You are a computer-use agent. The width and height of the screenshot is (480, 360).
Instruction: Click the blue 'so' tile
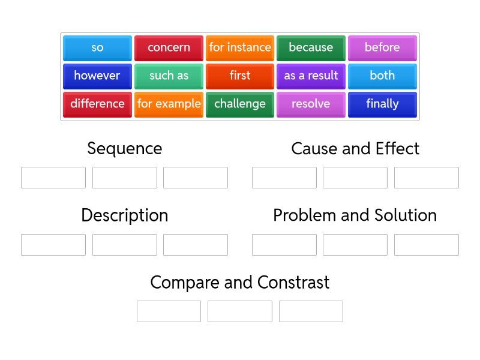click(97, 47)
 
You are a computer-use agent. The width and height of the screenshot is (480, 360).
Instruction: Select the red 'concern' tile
click(169, 47)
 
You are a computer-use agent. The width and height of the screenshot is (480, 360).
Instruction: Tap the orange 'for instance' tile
click(240, 47)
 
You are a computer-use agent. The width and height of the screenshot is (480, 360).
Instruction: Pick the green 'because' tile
click(311, 47)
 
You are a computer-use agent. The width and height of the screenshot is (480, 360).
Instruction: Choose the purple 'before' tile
click(382, 47)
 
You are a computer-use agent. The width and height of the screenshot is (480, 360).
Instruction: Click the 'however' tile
click(97, 76)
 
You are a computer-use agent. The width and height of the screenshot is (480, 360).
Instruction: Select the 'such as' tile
click(169, 76)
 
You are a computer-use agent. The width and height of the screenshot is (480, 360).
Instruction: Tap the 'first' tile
click(240, 76)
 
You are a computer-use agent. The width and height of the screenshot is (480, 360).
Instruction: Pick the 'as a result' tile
click(311, 76)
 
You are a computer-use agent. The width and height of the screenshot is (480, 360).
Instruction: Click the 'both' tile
click(382, 76)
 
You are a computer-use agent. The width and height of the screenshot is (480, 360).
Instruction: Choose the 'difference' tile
click(97, 104)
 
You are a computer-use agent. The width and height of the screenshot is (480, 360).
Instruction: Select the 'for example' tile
click(169, 104)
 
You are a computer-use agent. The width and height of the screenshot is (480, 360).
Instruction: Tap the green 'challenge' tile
click(240, 104)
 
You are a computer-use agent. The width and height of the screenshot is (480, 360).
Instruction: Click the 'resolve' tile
click(311, 104)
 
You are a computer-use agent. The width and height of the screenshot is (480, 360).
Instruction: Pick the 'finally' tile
click(382, 104)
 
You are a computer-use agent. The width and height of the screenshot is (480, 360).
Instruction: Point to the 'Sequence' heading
click(124, 148)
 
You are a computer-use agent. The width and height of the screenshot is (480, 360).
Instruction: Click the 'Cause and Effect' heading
click(355, 148)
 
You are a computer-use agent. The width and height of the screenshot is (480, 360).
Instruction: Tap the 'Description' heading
click(124, 215)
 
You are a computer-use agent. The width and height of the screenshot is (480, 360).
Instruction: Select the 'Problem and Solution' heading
click(355, 215)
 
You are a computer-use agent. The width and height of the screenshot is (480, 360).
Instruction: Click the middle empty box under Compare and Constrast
click(240, 311)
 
